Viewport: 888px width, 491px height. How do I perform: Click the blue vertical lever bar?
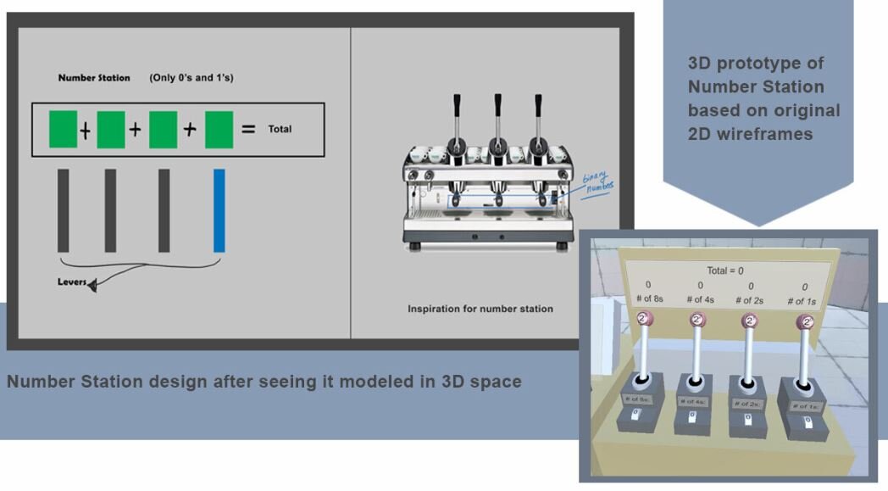tap(219, 210)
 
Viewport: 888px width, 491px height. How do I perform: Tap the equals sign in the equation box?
tap(248, 130)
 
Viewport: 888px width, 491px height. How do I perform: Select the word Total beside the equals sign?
tap(280, 130)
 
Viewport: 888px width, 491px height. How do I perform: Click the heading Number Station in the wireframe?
tap(94, 78)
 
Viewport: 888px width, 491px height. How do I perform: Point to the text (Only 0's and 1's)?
tap(191, 78)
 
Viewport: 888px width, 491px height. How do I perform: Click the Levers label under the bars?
tap(72, 282)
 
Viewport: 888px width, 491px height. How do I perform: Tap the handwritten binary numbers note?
tap(597, 182)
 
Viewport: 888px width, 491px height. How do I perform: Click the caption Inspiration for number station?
tap(480, 309)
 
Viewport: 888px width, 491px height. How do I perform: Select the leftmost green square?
tap(63, 129)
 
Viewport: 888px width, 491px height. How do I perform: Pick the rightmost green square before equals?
tap(219, 129)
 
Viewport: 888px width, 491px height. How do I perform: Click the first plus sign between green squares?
tap(86, 131)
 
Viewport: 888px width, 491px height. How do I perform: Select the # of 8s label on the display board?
tap(650, 299)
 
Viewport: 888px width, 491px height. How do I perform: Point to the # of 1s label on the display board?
tap(802, 301)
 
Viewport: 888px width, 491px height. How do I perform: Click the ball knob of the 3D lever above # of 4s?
tap(697, 320)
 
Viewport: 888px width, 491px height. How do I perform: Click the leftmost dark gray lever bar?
tap(64, 210)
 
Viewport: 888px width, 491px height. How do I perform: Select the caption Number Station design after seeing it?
tap(264, 382)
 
